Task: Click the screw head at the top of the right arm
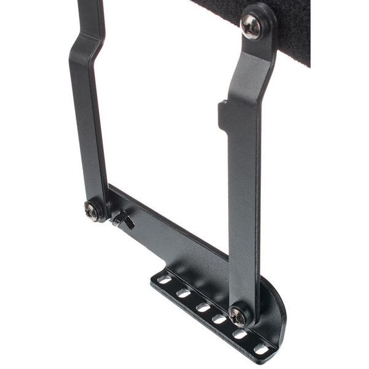(x=252, y=26)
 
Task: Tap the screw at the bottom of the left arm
(x=92, y=210)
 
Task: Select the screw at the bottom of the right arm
(x=239, y=316)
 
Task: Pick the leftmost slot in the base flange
(x=164, y=279)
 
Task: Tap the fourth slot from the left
(x=220, y=319)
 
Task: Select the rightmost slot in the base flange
(x=261, y=349)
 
